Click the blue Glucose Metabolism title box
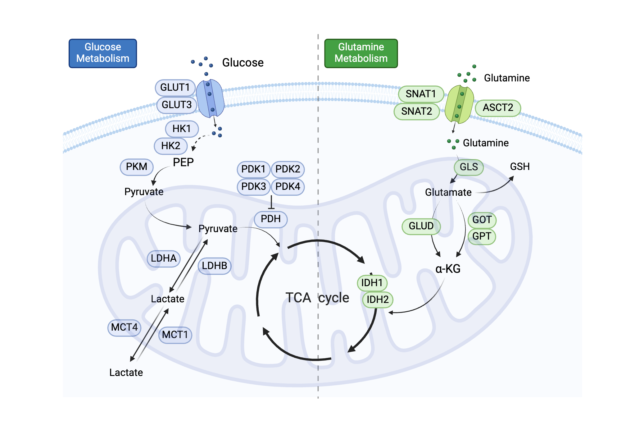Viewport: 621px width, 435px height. [x=103, y=53]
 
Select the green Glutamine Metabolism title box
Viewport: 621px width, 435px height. [x=361, y=53]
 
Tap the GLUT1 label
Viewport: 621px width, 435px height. [x=175, y=88]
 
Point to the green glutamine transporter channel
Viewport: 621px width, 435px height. [x=459, y=104]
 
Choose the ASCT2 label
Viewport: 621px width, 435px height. [x=498, y=108]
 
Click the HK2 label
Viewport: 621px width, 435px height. [x=170, y=146]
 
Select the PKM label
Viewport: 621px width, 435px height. [x=137, y=167]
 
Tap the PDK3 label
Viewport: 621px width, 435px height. [x=253, y=187]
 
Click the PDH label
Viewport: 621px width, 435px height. [x=270, y=219]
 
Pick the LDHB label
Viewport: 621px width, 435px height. [x=214, y=266]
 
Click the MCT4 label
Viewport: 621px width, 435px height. [x=124, y=327]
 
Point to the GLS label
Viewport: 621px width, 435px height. [x=469, y=167]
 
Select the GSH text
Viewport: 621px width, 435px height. [x=520, y=167]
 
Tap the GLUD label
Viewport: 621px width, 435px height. [x=421, y=226]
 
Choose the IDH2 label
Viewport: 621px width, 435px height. [x=378, y=300]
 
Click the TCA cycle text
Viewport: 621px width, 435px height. [x=317, y=298]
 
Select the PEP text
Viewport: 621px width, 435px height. [x=183, y=163]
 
